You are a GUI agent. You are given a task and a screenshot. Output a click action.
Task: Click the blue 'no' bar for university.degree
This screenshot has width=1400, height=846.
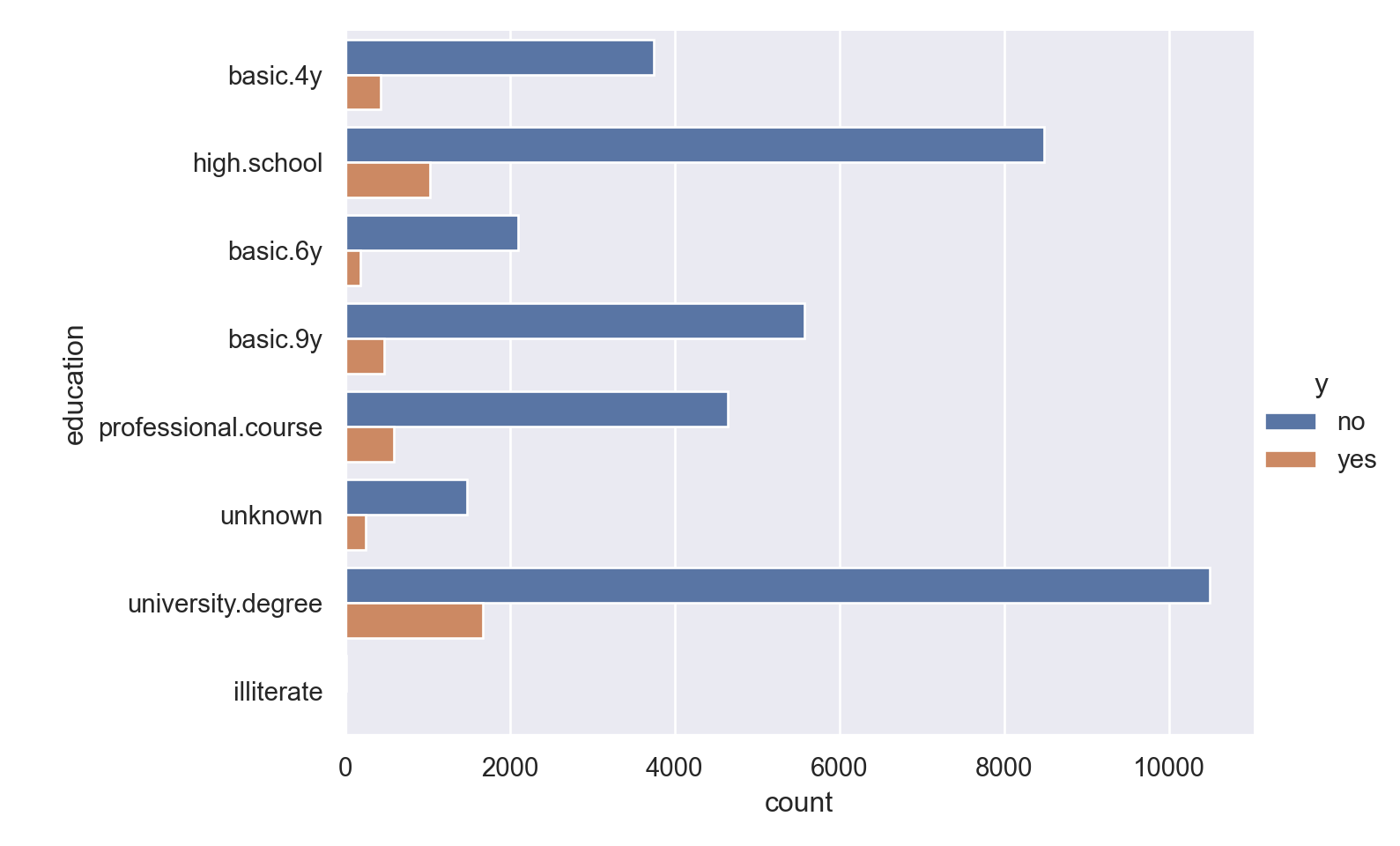pos(777,586)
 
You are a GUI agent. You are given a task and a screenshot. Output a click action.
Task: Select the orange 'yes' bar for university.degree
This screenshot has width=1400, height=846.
pos(414,621)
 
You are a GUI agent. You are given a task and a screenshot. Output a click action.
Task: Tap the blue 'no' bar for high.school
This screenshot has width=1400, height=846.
pos(694,145)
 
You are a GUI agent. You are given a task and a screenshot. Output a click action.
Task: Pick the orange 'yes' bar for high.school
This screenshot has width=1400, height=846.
pos(388,181)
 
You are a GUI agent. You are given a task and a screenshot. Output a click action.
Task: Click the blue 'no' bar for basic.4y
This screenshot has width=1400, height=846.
pos(500,58)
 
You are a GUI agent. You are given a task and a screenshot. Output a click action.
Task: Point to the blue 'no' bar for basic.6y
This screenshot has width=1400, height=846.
pos(432,234)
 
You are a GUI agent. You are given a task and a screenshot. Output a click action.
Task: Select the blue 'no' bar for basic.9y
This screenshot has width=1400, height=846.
pos(574,322)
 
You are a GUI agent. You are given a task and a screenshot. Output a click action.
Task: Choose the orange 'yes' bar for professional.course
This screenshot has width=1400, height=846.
pos(370,445)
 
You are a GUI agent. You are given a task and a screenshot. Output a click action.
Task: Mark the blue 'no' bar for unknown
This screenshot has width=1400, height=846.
pos(406,498)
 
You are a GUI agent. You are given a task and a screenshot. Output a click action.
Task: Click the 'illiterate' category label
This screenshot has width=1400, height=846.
pos(278,692)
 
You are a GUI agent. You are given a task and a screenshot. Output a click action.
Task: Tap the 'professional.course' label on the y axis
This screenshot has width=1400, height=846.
pos(211,428)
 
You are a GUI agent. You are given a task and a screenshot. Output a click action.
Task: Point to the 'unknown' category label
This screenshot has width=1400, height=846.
pos(271,516)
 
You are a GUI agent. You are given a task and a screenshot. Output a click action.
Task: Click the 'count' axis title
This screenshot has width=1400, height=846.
pos(798,803)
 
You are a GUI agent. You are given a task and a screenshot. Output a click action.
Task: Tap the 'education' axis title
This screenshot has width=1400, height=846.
pos(75,385)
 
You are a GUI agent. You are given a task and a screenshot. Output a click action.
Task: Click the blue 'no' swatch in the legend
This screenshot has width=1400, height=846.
pos(1290,421)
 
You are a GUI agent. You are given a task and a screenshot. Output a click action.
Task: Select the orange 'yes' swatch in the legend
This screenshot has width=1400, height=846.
pos(1290,459)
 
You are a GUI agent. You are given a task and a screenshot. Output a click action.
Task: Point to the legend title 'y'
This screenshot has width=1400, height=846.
pos(1321,384)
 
